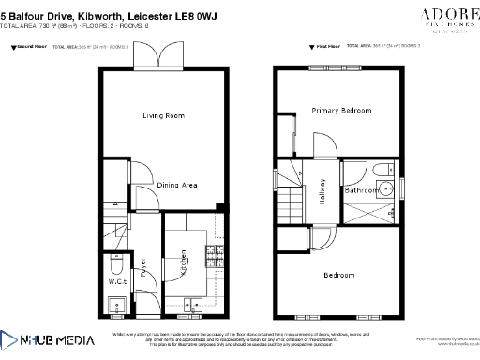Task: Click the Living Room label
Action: point(163,116)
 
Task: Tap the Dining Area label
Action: point(176,186)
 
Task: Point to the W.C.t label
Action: point(117,280)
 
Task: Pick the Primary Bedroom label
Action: point(341,111)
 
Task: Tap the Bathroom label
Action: point(362,190)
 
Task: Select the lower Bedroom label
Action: point(339,275)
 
